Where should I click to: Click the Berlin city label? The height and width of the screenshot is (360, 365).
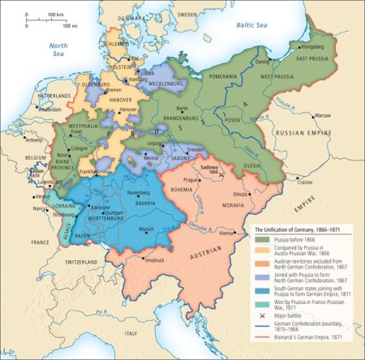(x=183, y=107)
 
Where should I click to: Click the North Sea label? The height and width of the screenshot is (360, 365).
(x=59, y=50)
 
